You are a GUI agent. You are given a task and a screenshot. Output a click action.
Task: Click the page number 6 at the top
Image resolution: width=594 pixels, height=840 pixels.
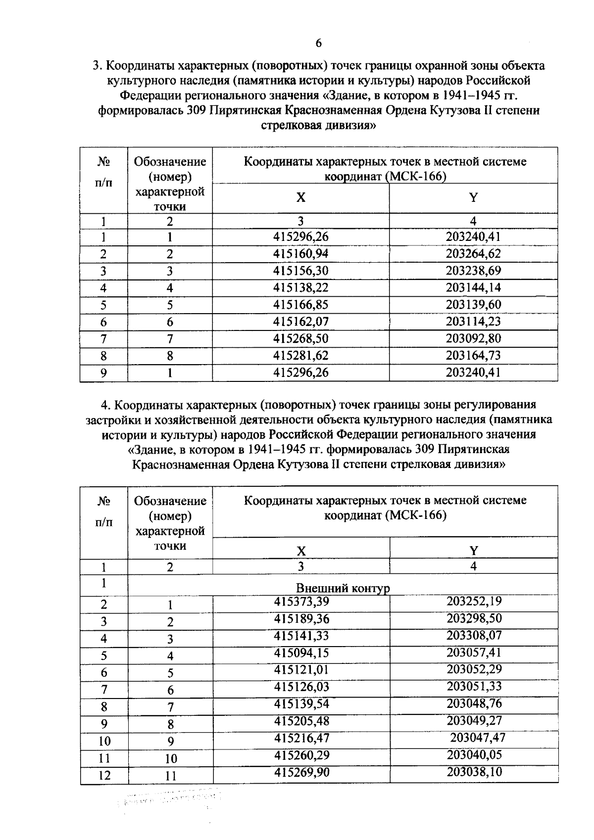318,44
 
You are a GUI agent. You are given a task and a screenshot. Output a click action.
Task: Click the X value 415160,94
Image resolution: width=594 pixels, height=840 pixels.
300,254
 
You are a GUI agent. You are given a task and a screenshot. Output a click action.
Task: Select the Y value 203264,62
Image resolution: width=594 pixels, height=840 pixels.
473,254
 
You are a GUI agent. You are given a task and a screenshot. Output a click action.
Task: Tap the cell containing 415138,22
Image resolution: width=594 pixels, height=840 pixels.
300,288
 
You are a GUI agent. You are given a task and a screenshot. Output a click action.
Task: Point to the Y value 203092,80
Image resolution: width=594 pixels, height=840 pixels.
473,339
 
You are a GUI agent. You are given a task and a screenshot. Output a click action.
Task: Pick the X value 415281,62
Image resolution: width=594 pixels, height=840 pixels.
300,356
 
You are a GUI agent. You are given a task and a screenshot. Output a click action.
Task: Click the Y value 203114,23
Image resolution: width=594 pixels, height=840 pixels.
473,322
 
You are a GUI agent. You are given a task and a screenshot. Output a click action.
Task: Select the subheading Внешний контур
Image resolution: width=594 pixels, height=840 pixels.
343,588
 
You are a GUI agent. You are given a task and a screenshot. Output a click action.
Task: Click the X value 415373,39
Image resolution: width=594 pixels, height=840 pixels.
301,602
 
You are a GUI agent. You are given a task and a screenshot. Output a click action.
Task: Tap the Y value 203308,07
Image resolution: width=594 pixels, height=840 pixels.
474,636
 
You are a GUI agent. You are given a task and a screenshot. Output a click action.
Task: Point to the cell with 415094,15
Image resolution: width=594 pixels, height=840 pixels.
301,653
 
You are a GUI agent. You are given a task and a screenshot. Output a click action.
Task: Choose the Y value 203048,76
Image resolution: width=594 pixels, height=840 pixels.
474,703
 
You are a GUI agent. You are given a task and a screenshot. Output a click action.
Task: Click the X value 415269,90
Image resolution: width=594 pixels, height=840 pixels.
301,772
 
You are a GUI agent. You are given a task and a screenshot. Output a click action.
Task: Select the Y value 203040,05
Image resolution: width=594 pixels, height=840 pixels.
474,755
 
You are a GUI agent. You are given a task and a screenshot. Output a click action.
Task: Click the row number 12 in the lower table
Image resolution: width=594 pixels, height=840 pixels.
104,776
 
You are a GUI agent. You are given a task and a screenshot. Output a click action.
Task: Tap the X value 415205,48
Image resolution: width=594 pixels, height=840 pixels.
301,721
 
